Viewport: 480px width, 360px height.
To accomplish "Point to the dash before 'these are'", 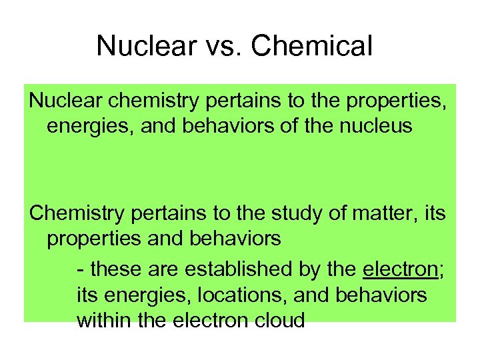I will [81, 270].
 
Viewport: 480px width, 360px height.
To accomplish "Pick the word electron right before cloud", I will [211, 321].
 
